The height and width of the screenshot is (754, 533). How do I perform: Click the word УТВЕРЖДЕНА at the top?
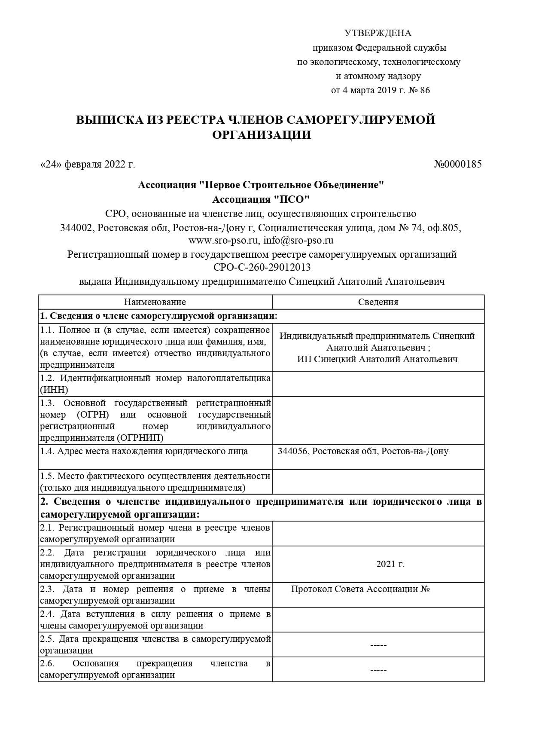pos(378,33)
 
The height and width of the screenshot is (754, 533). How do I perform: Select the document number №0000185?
pos(458,164)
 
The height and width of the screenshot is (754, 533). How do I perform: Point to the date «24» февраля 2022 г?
pos(87,164)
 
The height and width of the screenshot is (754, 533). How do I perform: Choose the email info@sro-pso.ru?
pos(298,240)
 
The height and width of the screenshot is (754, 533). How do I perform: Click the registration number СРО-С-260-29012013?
pos(262,267)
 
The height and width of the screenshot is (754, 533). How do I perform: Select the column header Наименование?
pos(155,302)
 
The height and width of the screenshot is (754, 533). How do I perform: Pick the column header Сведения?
pos(378,302)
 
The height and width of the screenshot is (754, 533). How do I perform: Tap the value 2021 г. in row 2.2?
pos(390,564)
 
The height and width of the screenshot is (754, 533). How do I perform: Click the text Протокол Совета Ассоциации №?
pos(360,589)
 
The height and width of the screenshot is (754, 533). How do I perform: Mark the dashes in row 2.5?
pos(378,645)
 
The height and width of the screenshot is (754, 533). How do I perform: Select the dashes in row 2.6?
pos(378,670)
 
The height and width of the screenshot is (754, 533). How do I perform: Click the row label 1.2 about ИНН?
pos(155,384)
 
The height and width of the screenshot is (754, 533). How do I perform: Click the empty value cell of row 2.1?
pos(378,534)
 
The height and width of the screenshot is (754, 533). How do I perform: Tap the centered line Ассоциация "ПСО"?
pos(261,199)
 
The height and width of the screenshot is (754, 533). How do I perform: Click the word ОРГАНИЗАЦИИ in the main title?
pos(262,135)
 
